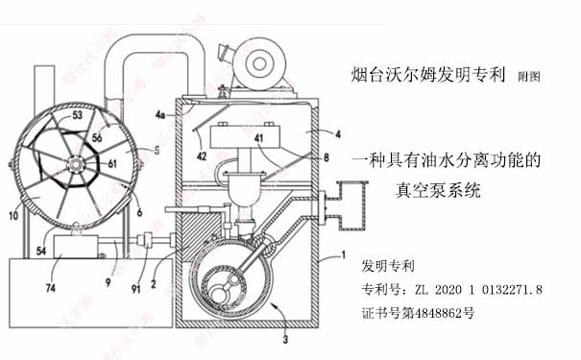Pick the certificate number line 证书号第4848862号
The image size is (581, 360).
pos(419,313)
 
